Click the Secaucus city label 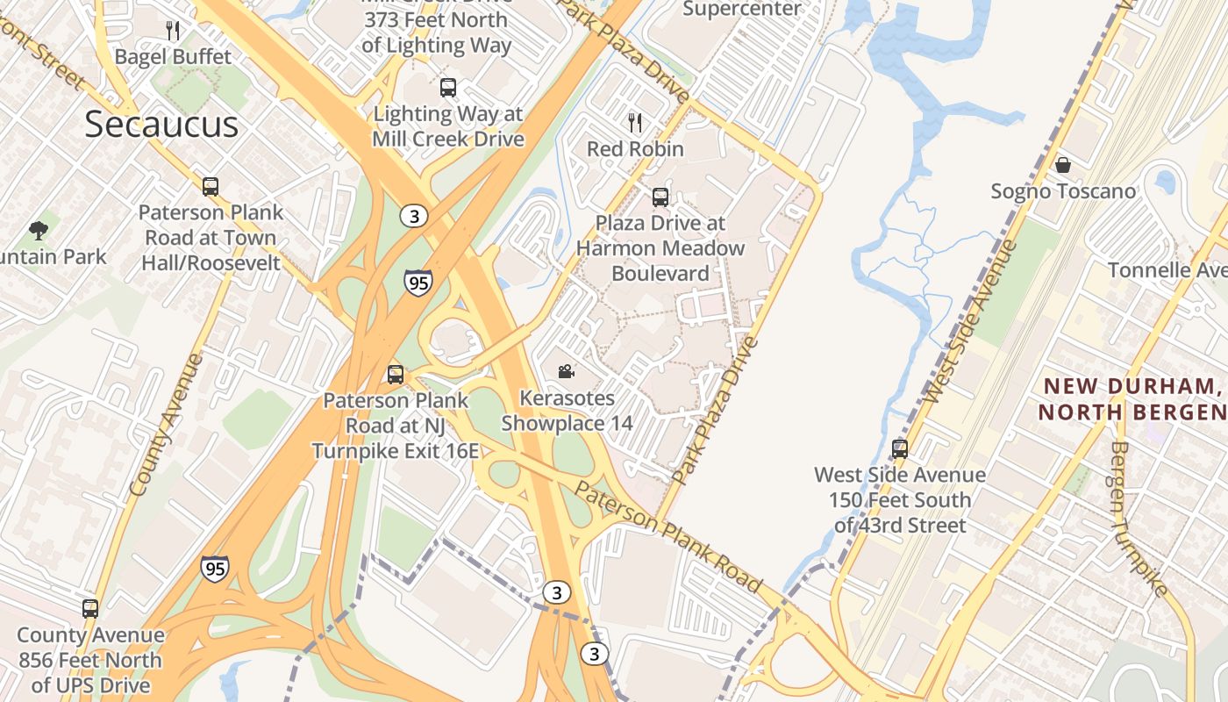pos(161,125)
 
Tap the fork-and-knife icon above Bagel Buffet pos(173,31)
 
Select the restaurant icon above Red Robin pos(635,122)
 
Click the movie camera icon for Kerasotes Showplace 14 pos(566,372)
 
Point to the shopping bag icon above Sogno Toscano pos(1063,165)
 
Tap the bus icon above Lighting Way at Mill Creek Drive pos(448,88)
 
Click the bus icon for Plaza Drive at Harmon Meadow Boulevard pos(660,197)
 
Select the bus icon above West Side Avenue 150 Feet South pos(900,448)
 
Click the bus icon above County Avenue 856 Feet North pos(90,608)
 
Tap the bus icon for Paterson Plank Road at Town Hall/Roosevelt pos(211,186)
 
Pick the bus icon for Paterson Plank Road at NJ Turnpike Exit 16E pos(396,375)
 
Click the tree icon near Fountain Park pos(38,231)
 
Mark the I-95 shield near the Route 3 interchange pos(418,283)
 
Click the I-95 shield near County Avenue pos(215,569)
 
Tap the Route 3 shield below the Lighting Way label pos(414,215)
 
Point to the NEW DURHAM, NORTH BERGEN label pos(1132,398)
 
